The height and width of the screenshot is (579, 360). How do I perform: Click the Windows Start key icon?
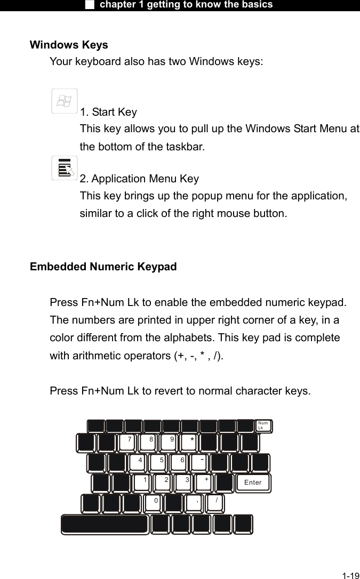click(65, 101)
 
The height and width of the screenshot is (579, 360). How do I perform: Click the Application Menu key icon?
click(65, 168)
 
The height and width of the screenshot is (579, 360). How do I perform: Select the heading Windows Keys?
click(69, 45)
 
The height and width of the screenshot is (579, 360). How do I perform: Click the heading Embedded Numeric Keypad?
click(103, 267)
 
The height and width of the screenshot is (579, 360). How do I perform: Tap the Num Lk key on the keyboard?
click(263, 426)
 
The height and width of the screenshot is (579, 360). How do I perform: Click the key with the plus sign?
click(204, 482)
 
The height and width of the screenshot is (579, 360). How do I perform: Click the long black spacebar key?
click(105, 524)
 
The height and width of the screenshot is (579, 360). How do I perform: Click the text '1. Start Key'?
click(108, 112)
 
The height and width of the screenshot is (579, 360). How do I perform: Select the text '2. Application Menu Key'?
click(139, 179)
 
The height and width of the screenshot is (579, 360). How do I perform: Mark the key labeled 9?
click(169, 443)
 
